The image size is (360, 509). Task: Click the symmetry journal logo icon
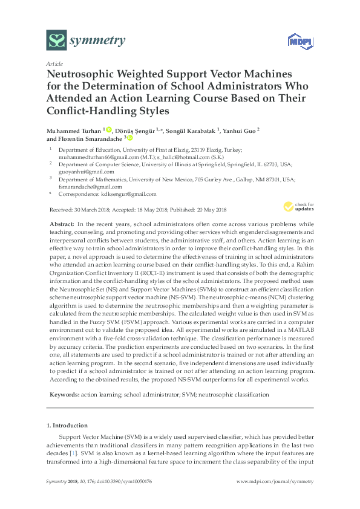[56, 41]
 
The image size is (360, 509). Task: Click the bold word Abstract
[64, 224]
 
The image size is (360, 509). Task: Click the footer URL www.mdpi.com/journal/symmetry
[275, 481]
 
